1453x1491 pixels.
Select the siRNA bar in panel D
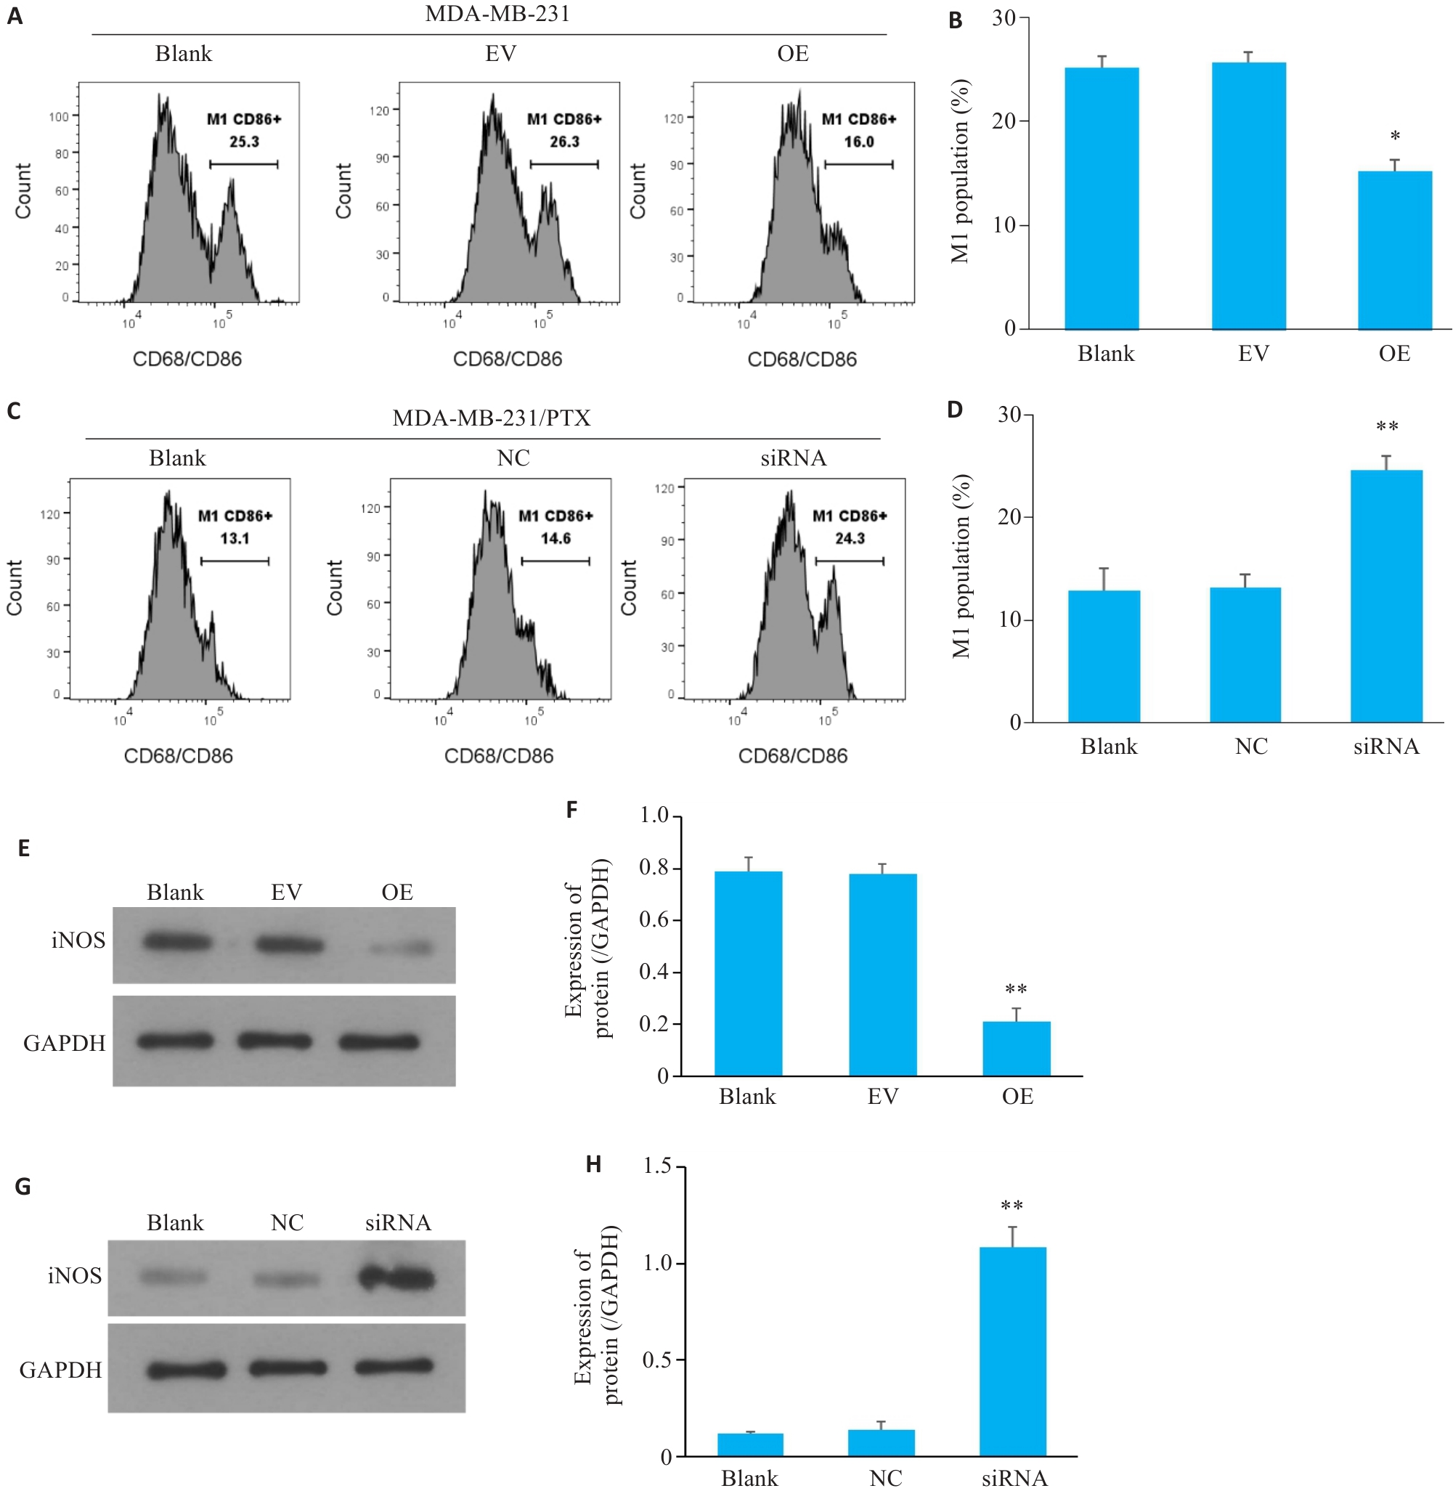1386,596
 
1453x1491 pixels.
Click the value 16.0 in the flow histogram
858,142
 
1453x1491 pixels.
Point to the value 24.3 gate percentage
850,539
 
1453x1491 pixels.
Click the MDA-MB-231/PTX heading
492,418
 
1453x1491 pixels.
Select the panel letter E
24,848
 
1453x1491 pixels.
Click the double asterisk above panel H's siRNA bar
1012,1206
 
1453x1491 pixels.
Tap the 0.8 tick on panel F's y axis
654,868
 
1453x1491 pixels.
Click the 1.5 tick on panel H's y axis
657,1166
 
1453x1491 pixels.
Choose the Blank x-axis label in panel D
1108,747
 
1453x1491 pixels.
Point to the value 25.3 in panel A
244,142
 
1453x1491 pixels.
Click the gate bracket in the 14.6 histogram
555,562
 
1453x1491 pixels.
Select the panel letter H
593,1164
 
